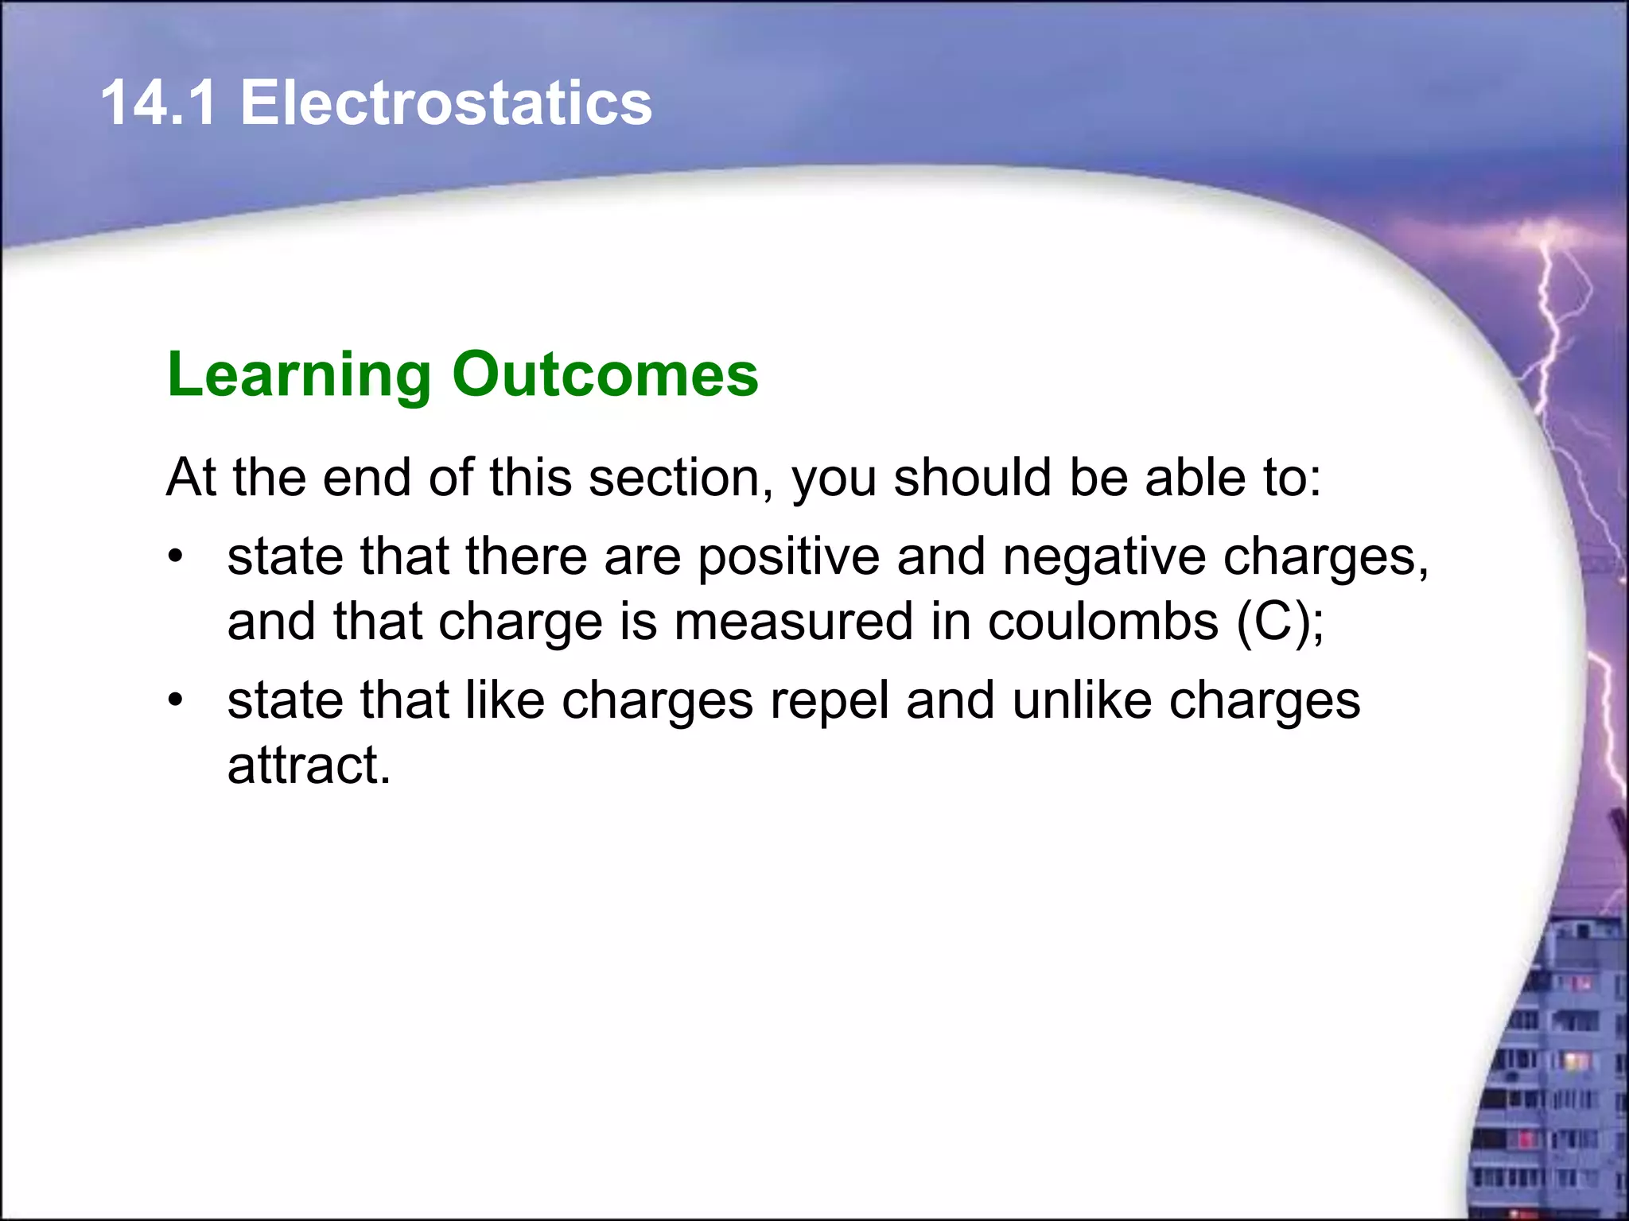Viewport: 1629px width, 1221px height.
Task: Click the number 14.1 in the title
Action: (158, 103)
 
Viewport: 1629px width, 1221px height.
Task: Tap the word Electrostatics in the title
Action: (445, 103)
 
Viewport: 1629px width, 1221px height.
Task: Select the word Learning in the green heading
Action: (299, 375)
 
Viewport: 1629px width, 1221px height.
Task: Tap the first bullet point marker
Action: (176, 556)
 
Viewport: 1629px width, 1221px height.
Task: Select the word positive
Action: (788, 557)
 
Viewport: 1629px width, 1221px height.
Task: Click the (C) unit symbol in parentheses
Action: (1273, 622)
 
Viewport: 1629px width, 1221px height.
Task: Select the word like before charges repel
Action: (504, 700)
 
